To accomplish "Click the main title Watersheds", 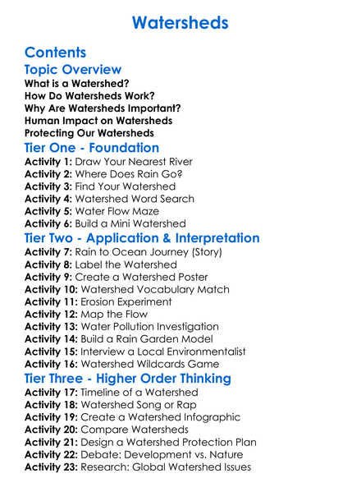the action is tap(180, 23).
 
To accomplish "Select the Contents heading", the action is tap(60, 52).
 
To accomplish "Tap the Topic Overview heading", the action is tap(73, 71).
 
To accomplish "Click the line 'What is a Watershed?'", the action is tap(76, 85).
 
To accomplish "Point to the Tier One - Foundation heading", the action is tap(92, 149).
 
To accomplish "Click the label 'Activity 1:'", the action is tap(48, 163).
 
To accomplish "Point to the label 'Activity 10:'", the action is tap(52, 290).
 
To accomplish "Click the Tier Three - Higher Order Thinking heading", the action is tap(127, 379).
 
